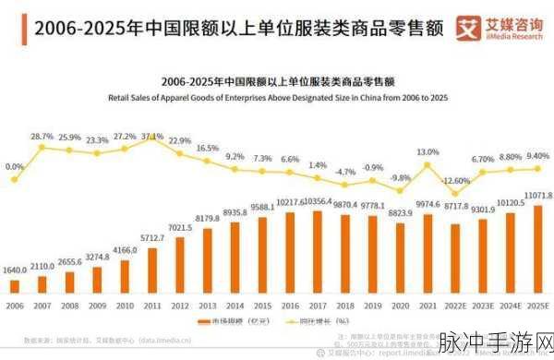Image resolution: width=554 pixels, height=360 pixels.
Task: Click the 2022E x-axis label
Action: [x=455, y=306]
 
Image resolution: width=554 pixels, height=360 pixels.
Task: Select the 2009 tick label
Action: [x=97, y=306]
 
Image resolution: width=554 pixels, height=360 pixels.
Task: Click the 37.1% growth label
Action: [x=152, y=137]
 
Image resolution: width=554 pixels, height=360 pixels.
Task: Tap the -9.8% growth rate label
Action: [x=400, y=177]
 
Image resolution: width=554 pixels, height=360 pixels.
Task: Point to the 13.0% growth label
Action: [x=428, y=151]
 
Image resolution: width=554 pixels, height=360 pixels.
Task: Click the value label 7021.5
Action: [x=180, y=227]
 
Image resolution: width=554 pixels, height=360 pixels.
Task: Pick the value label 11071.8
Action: [x=537, y=196]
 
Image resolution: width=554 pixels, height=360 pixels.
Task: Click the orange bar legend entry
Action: [x=219, y=321]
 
